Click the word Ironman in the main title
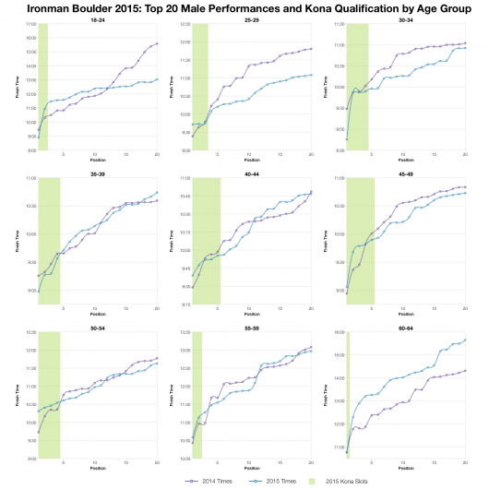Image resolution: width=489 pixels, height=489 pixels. pyautogui.click(x=42, y=7)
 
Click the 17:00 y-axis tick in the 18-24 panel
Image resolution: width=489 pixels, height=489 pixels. pyautogui.click(x=30, y=24)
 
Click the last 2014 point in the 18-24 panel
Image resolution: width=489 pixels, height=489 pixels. pyautogui.click(x=157, y=44)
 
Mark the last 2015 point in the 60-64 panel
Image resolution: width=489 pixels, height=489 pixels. pyautogui.click(x=465, y=340)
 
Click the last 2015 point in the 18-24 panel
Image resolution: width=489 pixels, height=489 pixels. pyautogui.click(x=157, y=79)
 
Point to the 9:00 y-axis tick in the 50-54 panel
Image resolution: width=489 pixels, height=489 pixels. pyautogui.click(x=30, y=459)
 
